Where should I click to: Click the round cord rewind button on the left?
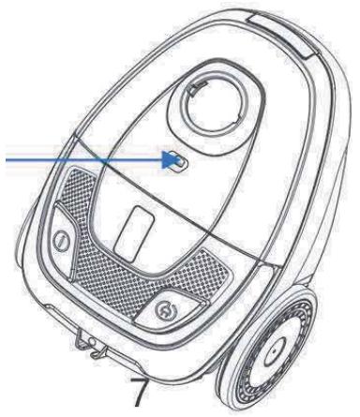(60, 240)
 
